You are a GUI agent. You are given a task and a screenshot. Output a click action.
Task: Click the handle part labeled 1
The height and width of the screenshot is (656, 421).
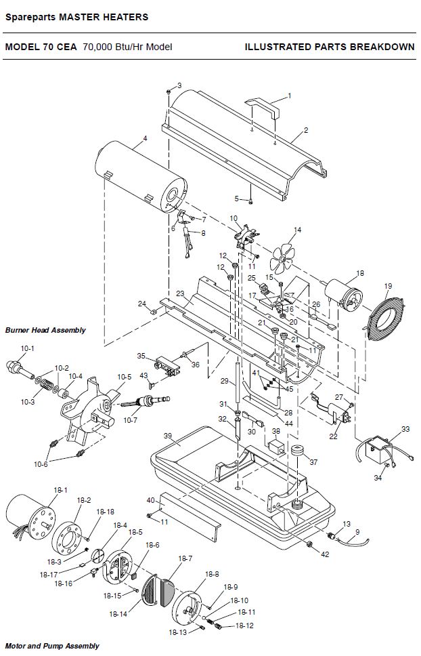coord(263,107)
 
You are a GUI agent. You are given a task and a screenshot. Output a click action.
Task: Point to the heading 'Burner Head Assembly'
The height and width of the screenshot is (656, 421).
coord(45,330)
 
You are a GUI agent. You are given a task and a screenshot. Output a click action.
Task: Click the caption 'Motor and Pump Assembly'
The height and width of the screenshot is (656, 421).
coord(52,646)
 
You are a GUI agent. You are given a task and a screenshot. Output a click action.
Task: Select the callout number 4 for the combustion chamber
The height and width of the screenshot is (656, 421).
coord(145,138)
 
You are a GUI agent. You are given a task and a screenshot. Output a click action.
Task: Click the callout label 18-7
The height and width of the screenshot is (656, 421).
coord(185,558)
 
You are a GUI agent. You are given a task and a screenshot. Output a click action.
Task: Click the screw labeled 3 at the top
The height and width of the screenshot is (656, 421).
coord(169,91)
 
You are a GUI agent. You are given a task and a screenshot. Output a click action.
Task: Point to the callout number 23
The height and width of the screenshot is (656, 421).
coord(180,293)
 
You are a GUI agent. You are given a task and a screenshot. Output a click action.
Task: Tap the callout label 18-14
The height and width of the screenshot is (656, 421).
coord(118,614)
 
